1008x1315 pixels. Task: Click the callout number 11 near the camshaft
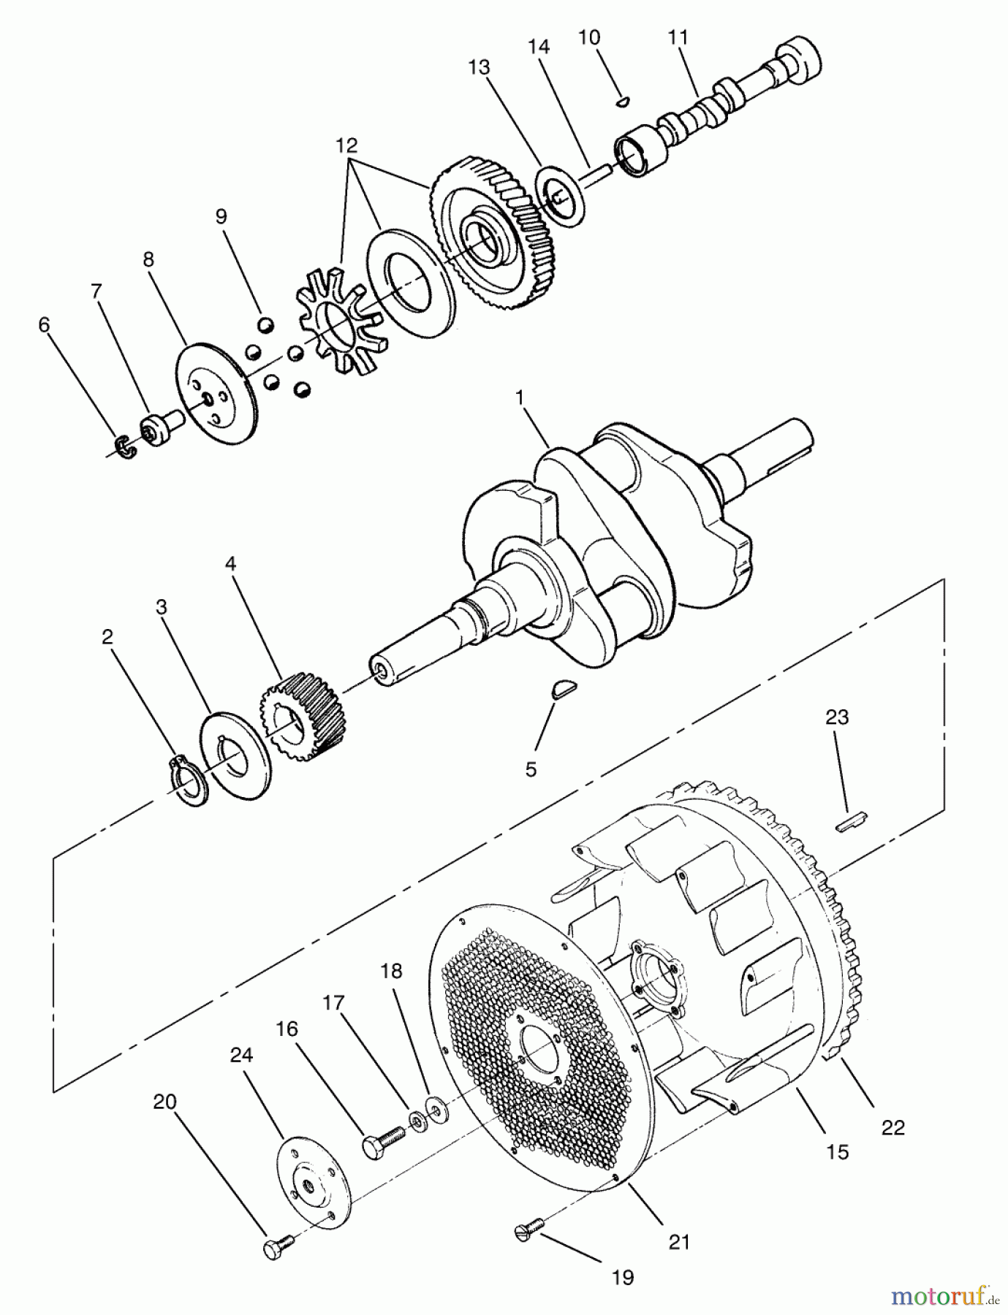point(678,37)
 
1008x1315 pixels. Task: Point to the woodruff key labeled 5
point(564,688)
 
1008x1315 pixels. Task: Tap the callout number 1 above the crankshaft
point(520,398)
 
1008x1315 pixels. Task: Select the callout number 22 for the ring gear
point(893,1128)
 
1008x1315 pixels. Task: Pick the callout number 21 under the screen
point(679,1241)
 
